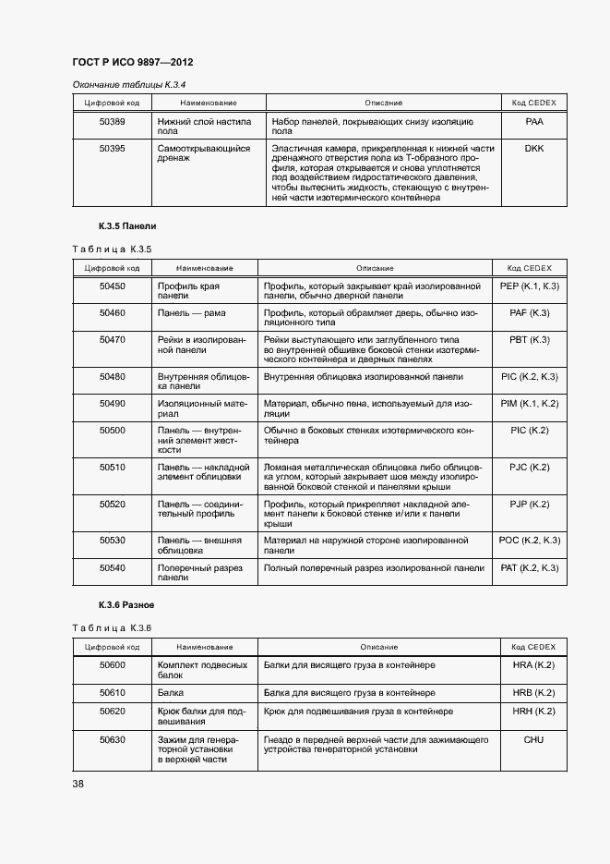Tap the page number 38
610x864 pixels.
[78, 784]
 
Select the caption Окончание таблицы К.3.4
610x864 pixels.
[129, 85]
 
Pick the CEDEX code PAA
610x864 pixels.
[534, 121]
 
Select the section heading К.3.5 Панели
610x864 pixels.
[127, 226]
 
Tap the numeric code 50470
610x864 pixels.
[112, 340]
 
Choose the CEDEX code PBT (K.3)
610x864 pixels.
[529, 340]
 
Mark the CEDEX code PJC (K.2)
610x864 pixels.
[529, 467]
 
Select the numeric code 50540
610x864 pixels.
[112, 567]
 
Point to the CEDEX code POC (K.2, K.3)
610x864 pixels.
[529, 540]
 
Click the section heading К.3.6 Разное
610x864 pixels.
[126, 605]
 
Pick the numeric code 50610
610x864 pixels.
[112, 692]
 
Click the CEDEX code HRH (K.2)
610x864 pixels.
[533, 712]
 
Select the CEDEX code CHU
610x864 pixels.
[533, 739]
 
